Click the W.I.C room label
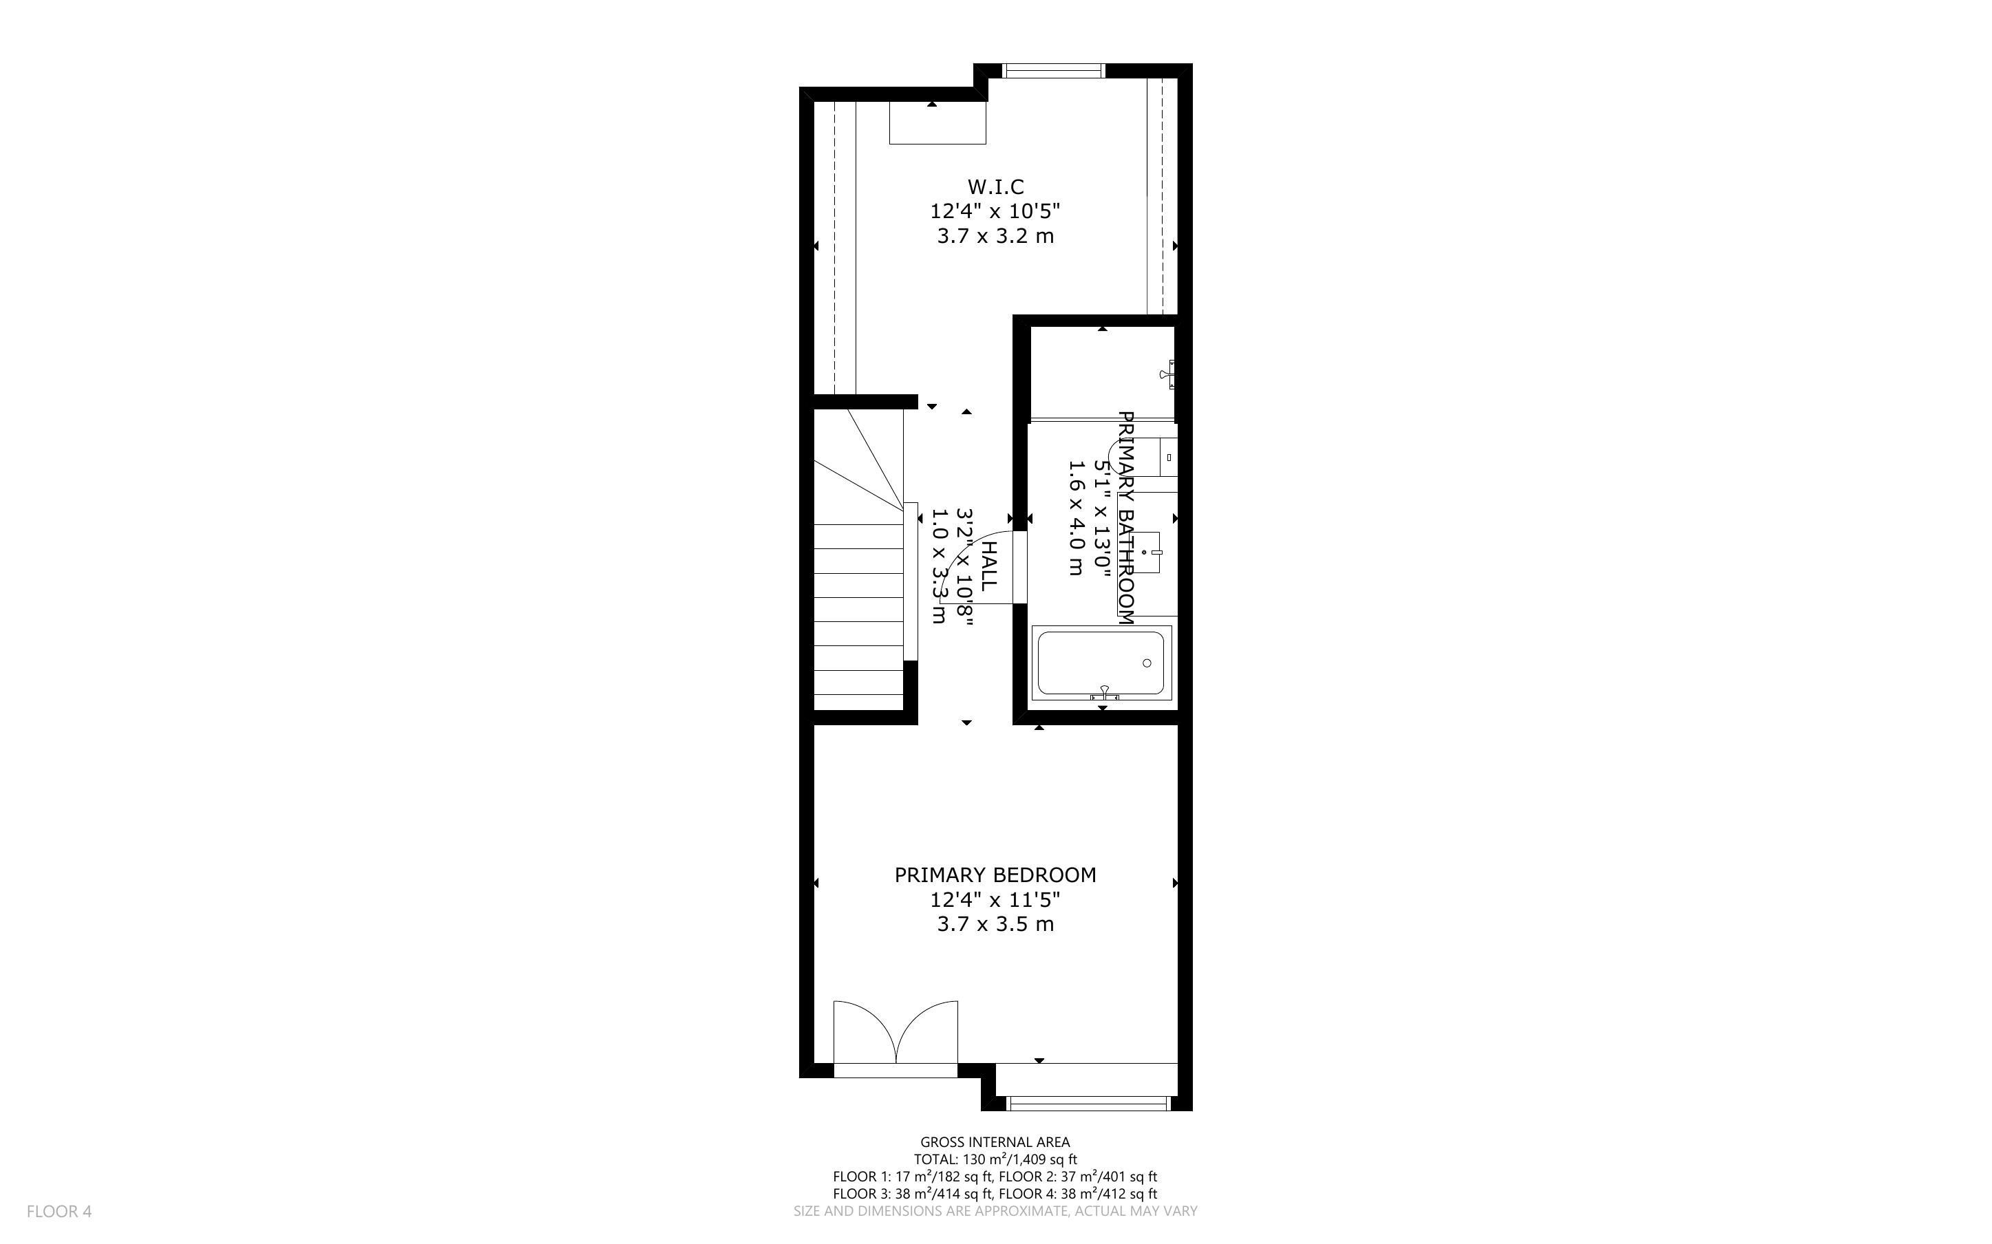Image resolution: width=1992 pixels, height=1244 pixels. (x=995, y=186)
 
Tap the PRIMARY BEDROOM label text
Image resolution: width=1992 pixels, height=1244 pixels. (x=995, y=875)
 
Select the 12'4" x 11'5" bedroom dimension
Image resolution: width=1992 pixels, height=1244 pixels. (x=995, y=899)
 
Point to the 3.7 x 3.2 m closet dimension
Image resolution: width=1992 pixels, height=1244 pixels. (x=995, y=236)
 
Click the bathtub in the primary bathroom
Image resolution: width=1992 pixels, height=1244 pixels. (x=1101, y=663)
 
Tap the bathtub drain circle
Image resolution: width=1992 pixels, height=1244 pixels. (x=1147, y=663)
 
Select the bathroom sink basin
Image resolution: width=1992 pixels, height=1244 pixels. (x=1146, y=552)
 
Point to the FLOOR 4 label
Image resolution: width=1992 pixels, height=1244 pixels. (x=59, y=1211)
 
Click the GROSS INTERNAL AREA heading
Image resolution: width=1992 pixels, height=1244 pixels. (x=995, y=1142)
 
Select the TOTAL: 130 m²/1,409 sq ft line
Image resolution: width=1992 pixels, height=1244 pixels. (x=995, y=1159)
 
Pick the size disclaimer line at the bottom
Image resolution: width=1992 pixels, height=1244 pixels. (x=995, y=1211)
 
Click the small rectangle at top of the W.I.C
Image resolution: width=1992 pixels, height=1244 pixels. (x=937, y=122)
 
